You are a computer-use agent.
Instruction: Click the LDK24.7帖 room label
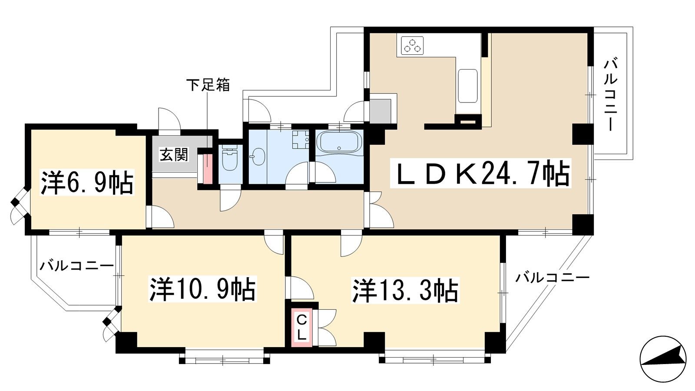480,172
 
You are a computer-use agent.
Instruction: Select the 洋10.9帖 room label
202,289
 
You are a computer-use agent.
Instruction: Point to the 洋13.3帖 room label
405,291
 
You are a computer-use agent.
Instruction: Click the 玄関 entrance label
174,155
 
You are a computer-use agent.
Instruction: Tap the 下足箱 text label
208,85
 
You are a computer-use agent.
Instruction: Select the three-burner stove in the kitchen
412,45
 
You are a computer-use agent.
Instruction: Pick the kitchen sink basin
467,86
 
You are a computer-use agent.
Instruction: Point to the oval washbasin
258,157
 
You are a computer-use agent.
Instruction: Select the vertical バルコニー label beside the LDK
610,96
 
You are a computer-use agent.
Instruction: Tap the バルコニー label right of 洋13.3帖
552,277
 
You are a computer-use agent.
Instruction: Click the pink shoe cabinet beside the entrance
207,169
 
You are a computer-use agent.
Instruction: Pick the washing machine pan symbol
301,139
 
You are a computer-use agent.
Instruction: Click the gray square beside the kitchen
381,111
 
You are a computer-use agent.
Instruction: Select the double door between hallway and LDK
378,210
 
